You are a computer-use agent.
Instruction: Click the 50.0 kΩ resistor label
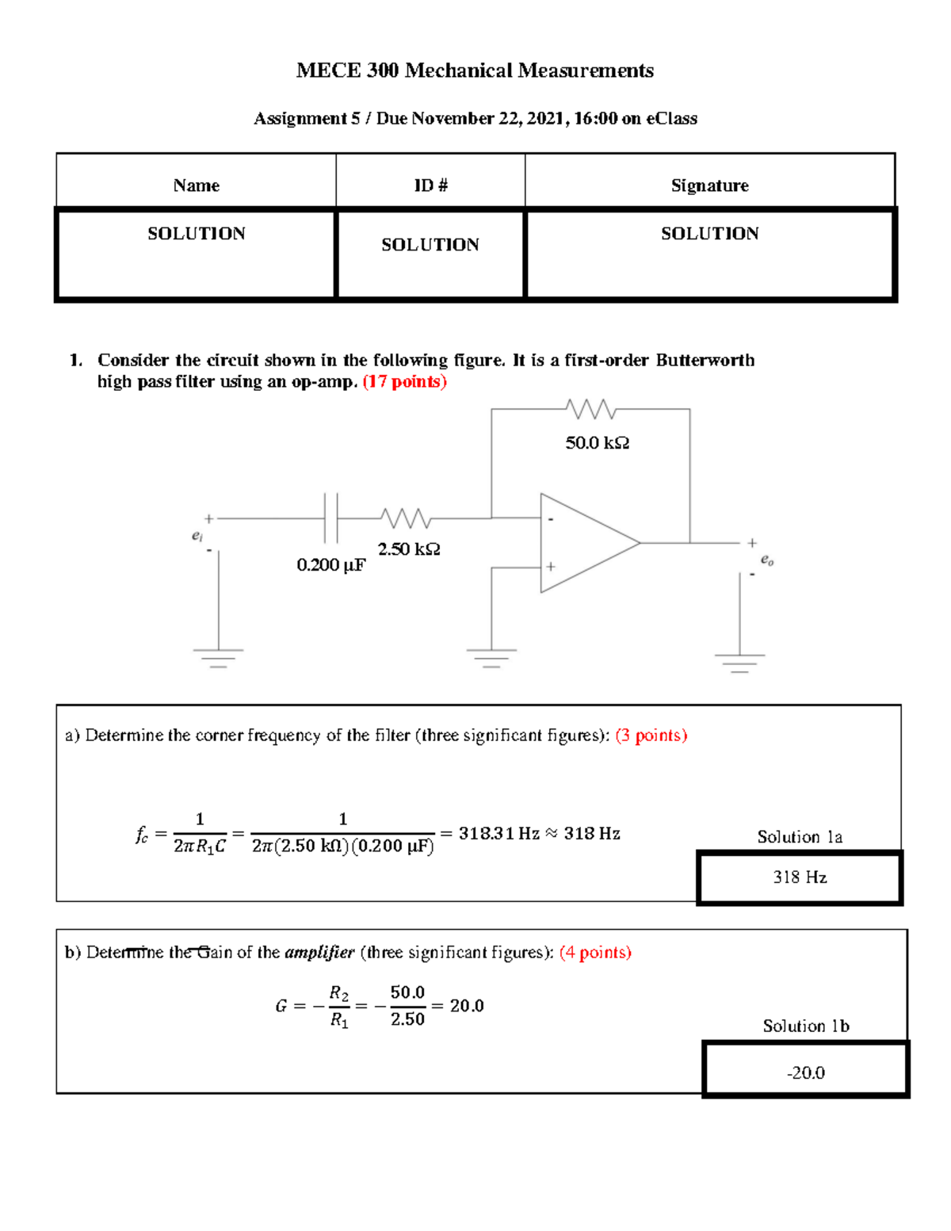pos(597,443)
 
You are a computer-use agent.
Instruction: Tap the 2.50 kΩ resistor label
pos(408,549)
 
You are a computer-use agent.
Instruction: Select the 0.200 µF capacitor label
pos(330,565)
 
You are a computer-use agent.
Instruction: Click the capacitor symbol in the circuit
pos(331,518)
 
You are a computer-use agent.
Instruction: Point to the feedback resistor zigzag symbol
pos(591,409)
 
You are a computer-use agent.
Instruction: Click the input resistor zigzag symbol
pos(405,518)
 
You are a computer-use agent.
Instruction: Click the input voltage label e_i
pos(197,536)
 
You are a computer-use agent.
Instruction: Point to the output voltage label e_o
pos(766,560)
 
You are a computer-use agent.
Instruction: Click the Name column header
pos(196,185)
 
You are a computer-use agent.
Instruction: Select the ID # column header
pos(430,185)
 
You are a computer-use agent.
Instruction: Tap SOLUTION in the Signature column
pos(709,234)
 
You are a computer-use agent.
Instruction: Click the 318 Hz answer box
pos(800,877)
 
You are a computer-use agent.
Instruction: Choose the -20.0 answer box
pos(805,1072)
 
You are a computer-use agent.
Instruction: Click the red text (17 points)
pos(404,382)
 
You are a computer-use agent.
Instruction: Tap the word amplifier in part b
pos(319,953)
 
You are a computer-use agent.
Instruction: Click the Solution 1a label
pos(800,837)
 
